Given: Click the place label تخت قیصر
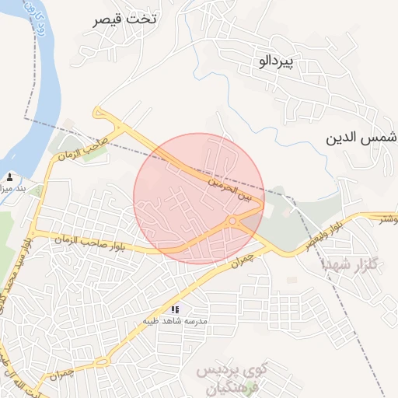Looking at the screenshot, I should (x=124, y=19).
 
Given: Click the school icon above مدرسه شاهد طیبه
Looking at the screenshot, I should (x=175, y=309).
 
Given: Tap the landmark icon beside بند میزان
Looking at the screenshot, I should (x=10, y=176).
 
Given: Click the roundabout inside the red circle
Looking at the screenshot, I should (x=232, y=222).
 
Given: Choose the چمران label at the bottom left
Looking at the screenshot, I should (x=61, y=375).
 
